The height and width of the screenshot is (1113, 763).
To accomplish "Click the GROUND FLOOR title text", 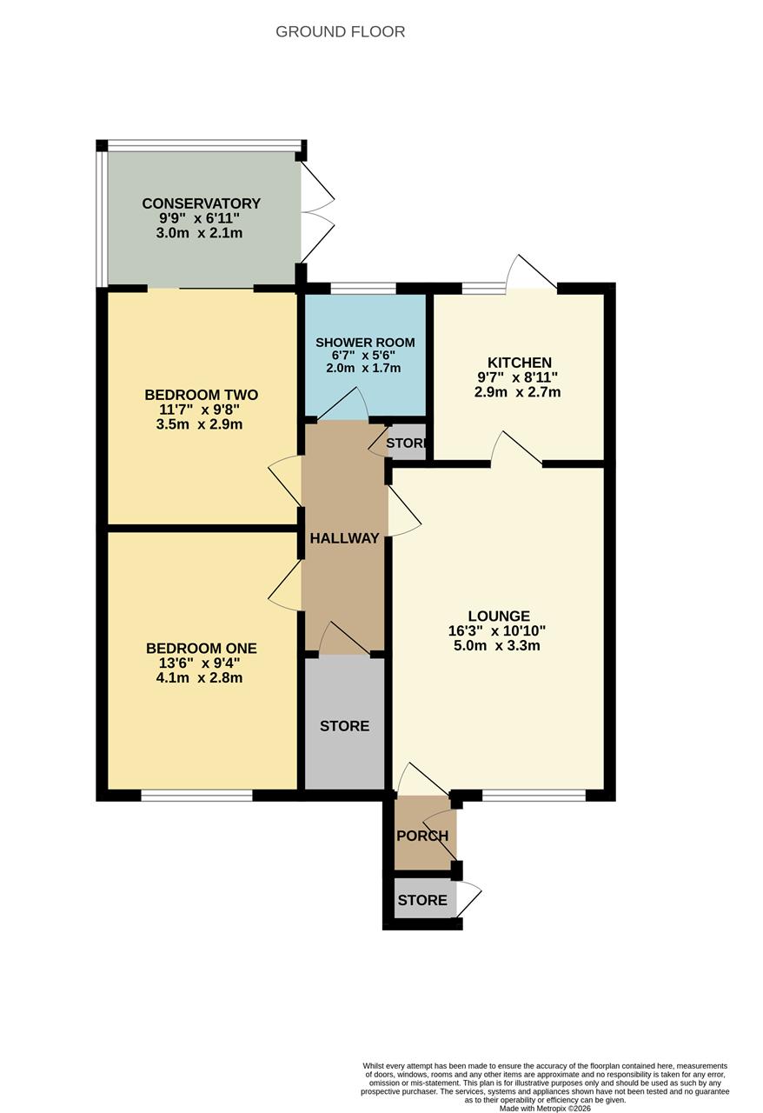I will point(340,32).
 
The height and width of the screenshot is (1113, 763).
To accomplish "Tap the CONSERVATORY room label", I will point(201,204).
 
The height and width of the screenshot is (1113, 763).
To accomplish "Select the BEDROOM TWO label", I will point(201,396).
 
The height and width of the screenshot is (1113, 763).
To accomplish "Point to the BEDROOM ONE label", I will point(201,649).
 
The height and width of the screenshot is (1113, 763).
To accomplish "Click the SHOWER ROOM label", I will point(364,343).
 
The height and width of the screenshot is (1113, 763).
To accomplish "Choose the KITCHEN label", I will point(519,363).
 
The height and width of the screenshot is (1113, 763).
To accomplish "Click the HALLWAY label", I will point(344,538).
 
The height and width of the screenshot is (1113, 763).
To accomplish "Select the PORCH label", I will point(422,836).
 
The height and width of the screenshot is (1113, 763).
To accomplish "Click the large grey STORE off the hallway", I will point(344,726).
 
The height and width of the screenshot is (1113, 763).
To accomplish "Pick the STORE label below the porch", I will point(422,901).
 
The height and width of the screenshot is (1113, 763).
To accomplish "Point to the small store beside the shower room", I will point(406,443).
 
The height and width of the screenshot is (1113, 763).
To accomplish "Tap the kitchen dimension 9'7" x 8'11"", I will point(519,377).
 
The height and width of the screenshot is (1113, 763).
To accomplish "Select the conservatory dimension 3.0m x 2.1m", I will point(201,233).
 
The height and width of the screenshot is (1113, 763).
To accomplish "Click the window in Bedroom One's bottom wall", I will point(196,795).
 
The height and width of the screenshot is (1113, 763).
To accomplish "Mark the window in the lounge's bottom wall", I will point(534,795).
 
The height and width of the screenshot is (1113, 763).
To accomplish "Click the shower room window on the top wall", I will point(363,288).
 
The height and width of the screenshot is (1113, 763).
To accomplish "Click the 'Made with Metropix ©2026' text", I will point(545,1108).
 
